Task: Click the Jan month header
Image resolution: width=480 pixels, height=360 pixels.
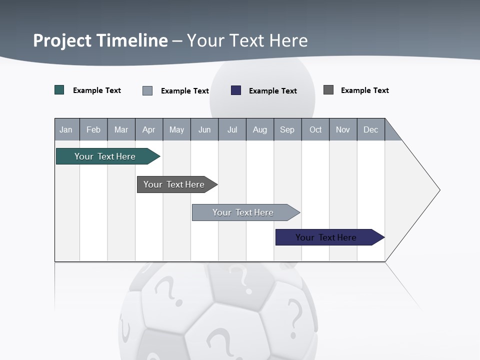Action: click(66, 129)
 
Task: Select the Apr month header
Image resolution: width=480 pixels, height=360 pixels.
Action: click(148, 129)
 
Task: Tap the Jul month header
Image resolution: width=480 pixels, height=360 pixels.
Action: click(232, 129)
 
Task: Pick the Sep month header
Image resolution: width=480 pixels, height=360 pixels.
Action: click(287, 129)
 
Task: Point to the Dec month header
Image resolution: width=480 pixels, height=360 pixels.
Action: click(370, 129)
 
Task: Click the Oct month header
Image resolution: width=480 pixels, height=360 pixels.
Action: click(315, 129)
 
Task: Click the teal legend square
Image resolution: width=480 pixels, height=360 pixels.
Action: click(59, 90)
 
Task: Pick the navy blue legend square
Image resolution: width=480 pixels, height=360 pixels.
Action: click(236, 90)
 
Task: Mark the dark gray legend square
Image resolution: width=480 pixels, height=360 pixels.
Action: click(328, 90)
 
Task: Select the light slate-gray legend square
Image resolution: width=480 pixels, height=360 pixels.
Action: click(147, 90)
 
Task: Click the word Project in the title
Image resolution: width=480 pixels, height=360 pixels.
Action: click(62, 40)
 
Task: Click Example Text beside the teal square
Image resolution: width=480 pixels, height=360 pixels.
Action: click(97, 90)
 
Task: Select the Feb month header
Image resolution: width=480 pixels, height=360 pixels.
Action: click(93, 129)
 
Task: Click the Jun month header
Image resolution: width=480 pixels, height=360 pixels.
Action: click(204, 129)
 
